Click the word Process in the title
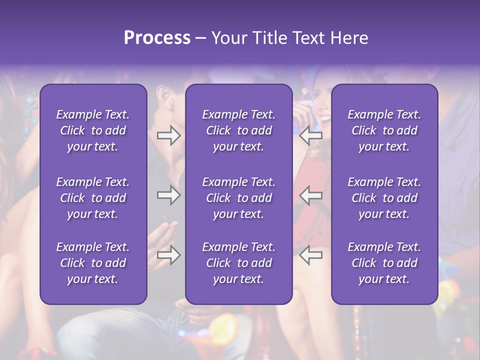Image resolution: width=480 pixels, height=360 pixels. [x=157, y=38]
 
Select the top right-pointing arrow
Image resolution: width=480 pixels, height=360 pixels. [x=168, y=135]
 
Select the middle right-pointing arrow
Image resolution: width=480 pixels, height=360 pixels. [x=168, y=195]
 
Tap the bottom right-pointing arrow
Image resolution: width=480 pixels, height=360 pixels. [x=168, y=255]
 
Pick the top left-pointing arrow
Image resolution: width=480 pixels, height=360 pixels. [x=310, y=135]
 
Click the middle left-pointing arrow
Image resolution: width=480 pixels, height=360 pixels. [x=310, y=195]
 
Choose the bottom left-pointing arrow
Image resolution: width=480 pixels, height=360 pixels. [x=310, y=255]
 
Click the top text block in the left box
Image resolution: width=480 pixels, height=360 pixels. [x=93, y=130]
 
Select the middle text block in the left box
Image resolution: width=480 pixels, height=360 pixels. [x=93, y=198]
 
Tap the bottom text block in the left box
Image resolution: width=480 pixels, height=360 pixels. [x=93, y=263]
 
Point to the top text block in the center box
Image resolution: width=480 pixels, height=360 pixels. [x=238, y=130]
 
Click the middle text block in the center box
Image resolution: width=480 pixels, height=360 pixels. [x=238, y=198]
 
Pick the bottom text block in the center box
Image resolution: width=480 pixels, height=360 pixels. [x=238, y=263]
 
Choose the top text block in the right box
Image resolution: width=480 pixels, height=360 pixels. [x=384, y=130]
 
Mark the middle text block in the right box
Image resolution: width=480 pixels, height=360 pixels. [x=384, y=198]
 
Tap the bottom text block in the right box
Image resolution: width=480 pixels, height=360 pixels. [x=384, y=263]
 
